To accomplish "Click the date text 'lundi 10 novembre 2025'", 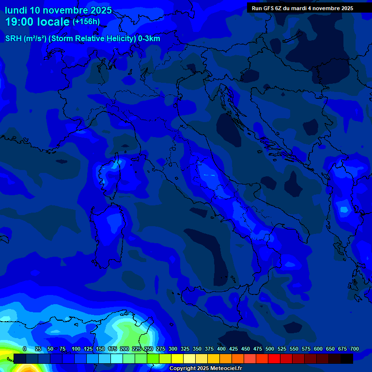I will (x=58, y=10).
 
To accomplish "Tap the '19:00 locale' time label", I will (x=37, y=22).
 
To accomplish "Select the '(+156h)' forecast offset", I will (x=86, y=21).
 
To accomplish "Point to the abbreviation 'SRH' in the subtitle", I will (x=13, y=39).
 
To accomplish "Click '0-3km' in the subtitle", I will (x=149, y=39).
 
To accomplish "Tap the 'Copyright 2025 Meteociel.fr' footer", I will (x=205, y=369).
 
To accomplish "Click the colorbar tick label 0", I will (x=25, y=349).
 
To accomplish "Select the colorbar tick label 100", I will (x=76, y=349).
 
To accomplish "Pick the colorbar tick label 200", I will (x=124, y=349).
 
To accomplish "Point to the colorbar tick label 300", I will (x=173, y=349).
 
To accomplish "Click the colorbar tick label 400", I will (x=221, y=349).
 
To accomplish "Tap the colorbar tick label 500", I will (x=270, y=349).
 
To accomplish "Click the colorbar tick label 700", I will (x=355, y=349).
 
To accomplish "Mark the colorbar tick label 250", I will (x=149, y=349).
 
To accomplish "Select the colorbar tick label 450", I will (x=246, y=349).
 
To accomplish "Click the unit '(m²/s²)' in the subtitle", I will (x=38, y=39).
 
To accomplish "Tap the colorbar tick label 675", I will (x=342, y=349).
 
